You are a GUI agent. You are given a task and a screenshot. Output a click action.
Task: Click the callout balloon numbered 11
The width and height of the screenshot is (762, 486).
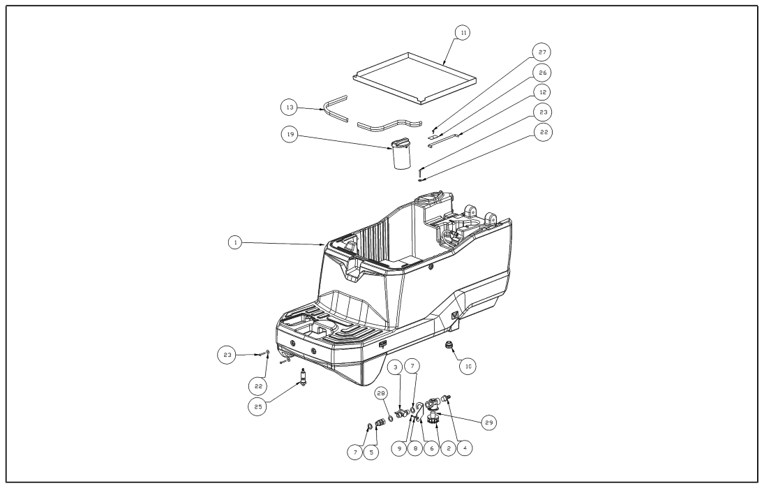coord(462,33)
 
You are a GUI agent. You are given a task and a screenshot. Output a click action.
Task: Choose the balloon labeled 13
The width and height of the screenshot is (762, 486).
coord(290,108)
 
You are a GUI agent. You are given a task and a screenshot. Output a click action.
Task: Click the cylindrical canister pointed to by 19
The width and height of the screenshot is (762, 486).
coord(401,155)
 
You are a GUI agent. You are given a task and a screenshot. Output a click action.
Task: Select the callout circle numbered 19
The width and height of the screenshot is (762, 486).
coord(290,135)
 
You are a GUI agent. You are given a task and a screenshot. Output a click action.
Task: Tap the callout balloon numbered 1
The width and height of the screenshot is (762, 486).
coord(237,242)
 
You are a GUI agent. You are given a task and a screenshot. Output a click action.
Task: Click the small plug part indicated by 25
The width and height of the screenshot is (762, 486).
coord(304,379)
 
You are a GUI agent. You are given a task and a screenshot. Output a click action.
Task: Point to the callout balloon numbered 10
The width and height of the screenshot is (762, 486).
coord(468,364)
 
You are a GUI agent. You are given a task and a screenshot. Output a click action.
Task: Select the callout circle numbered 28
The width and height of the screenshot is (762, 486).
coord(382,395)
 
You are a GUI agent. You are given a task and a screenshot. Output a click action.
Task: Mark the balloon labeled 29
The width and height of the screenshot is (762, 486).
coord(489,423)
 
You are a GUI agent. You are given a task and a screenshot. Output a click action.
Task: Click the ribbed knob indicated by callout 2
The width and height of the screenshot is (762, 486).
coord(433,420)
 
